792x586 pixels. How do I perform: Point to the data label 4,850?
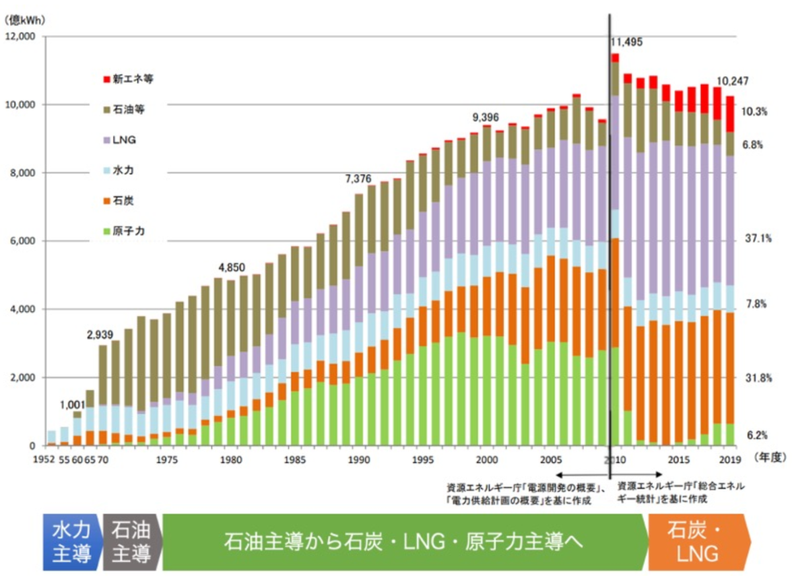coord(231,267)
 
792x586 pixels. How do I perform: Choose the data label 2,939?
coord(102,333)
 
